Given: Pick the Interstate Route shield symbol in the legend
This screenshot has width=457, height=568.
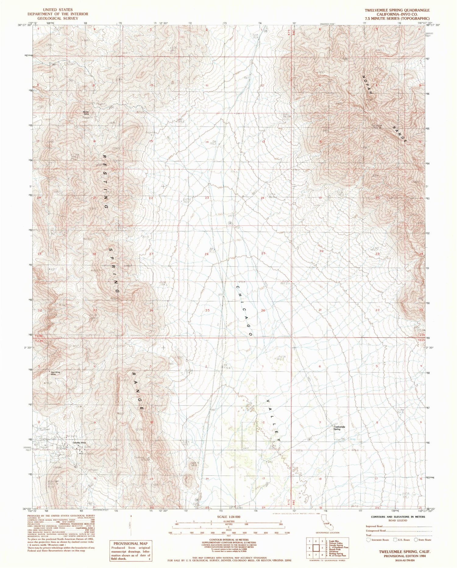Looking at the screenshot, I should pyautogui.click(x=368, y=539).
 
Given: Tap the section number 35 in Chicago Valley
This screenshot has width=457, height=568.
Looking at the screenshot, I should pyautogui.click(x=207, y=311).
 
